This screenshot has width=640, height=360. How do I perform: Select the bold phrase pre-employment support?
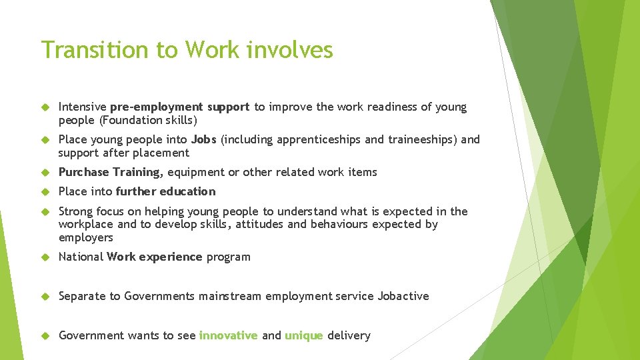(x=179, y=107)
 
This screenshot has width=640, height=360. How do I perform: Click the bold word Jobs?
(x=203, y=139)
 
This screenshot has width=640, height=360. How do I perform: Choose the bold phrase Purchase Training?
(x=110, y=172)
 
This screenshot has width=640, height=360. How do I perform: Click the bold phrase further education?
(x=165, y=191)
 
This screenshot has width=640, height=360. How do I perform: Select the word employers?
(x=86, y=237)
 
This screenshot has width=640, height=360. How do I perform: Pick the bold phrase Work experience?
(x=154, y=257)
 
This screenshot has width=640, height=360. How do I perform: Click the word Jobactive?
(x=403, y=296)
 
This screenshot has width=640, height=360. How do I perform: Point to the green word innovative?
(x=228, y=335)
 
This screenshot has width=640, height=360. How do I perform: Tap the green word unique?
(x=303, y=335)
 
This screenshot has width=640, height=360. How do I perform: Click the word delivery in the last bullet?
(x=348, y=335)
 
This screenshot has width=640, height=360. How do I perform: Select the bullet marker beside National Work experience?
(x=45, y=257)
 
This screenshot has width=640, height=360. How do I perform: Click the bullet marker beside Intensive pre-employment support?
(x=45, y=107)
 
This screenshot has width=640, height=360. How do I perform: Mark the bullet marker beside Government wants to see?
(x=45, y=336)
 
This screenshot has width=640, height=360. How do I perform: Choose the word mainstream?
(x=229, y=296)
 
